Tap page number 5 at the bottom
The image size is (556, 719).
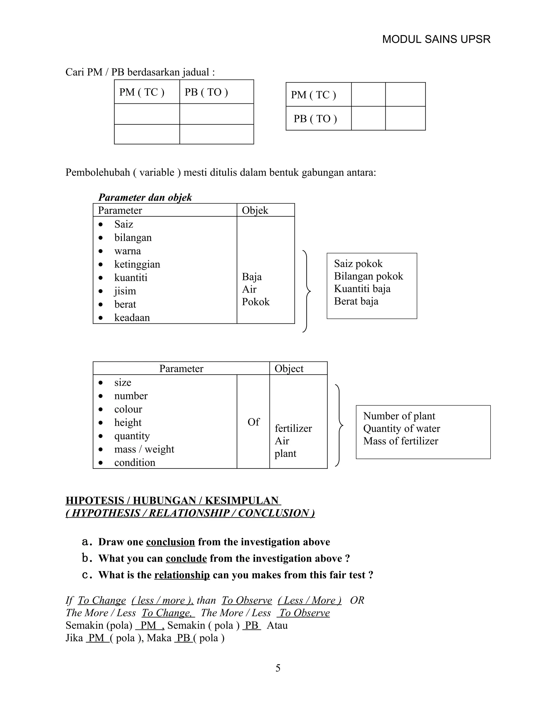tap(278, 668)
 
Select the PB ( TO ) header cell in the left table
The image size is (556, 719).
tap(206, 92)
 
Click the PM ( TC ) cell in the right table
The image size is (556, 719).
tap(313, 95)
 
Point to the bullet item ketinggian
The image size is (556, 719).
tap(137, 264)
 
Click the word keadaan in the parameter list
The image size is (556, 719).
tap(132, 317)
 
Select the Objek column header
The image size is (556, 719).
tap(255, 210)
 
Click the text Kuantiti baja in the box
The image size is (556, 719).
tap(362, 289)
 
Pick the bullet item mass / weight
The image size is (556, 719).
tap(144, 449)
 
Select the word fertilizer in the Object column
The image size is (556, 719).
tap(293, 428)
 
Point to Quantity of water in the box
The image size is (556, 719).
tap(401, 428)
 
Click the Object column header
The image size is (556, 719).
tap(289, 368)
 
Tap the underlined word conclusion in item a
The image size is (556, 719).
tap(170, 542)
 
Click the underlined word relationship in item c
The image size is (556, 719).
tap(182, 575)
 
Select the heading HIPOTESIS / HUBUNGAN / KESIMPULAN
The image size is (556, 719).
tap(173, 500)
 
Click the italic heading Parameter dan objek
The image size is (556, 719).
tap(145, 197)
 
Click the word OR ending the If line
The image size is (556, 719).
tap(357, 600)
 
